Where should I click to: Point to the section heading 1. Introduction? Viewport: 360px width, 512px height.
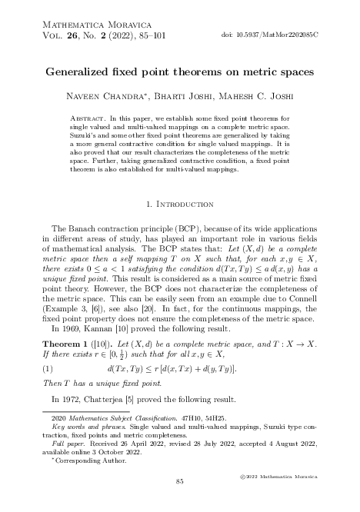[179, 205]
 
